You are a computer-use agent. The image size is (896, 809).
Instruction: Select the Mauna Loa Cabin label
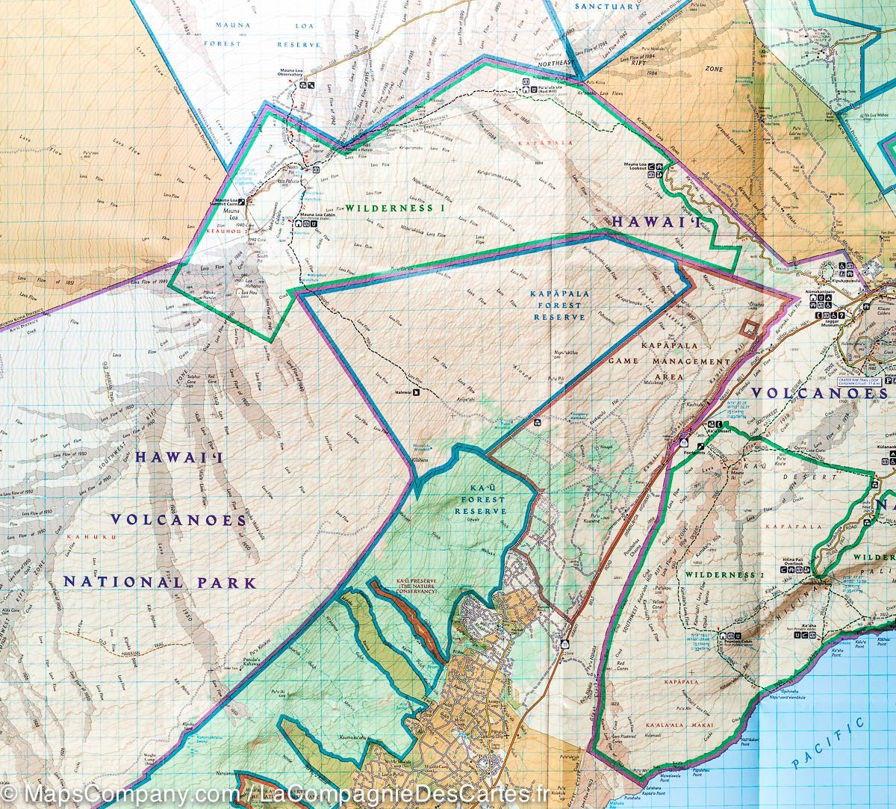(317, 214)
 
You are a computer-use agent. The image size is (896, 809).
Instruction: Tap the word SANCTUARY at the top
(608, 6)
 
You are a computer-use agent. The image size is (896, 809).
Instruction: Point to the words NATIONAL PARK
(159, 582)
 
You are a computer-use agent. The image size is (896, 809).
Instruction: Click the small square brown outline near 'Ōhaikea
(748, 326)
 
